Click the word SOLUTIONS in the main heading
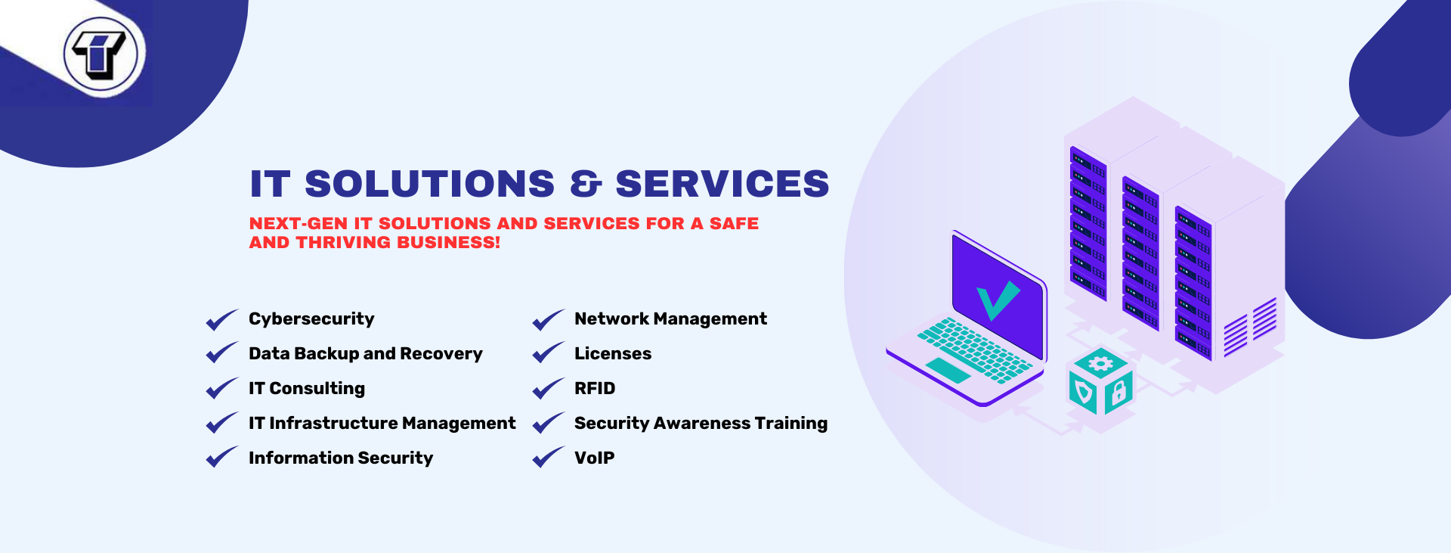pos(429,184)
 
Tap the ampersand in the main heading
pos(586,184)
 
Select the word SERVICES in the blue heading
pos(722,184)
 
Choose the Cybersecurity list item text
pos(311,319)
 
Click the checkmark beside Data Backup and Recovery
pos(221,353)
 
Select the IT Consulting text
pos(307,389)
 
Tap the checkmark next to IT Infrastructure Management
pos(221,423)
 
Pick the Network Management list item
pos(670,319)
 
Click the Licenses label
pos(613,354)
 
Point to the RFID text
pos(595,389)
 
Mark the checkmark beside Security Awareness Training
pos(548,423)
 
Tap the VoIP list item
pos(594,458)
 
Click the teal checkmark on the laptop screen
pos(998,300)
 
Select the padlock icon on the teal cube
pos(1118,392)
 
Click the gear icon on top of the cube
pos(1100,364)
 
